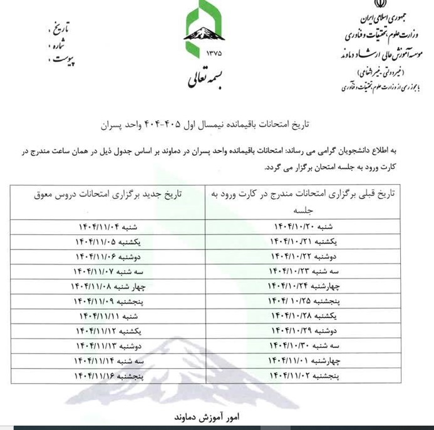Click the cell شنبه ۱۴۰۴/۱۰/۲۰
coord(304,226)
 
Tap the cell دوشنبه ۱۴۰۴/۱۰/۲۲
coord(304,256)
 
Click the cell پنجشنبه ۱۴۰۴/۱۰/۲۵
coord(304,301)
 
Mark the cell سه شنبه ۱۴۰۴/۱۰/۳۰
coord(304,346)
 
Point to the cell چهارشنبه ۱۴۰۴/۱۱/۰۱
coord(304,361)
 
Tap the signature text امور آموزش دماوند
coord(216,416)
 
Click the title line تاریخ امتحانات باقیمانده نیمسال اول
coord(216,125)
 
